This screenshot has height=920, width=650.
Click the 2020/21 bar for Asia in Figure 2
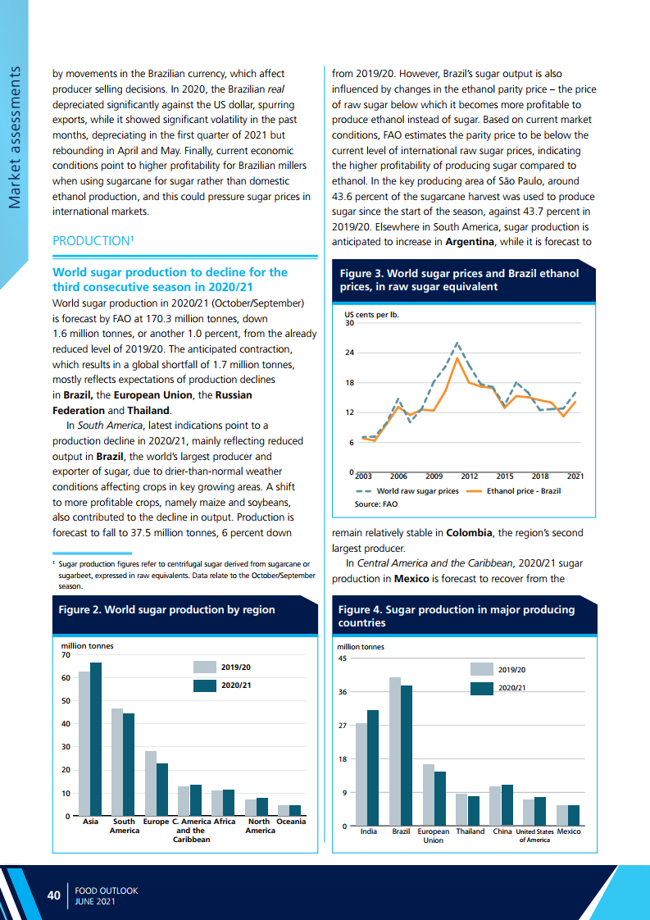tap(96, 739)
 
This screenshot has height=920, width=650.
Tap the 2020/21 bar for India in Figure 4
tap(373, 767)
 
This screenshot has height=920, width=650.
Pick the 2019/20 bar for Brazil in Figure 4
tap(395, 751)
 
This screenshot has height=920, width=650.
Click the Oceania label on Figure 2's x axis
tap(291, 822)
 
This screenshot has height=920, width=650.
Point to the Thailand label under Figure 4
tap(470, 831)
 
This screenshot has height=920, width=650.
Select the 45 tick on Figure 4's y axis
tap(343, 658)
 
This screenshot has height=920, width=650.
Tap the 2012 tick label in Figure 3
tap(469, 476)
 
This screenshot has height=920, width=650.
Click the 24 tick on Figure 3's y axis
tap(349, 353)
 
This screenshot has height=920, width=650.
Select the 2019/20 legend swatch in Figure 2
tap(205, 667)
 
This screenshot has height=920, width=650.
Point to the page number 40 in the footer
tap(54, 895)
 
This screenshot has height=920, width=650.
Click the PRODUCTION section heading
tap(90, 241)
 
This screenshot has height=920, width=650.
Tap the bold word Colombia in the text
tap(469, 533)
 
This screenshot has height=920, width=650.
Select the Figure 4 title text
tap(456, 616)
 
